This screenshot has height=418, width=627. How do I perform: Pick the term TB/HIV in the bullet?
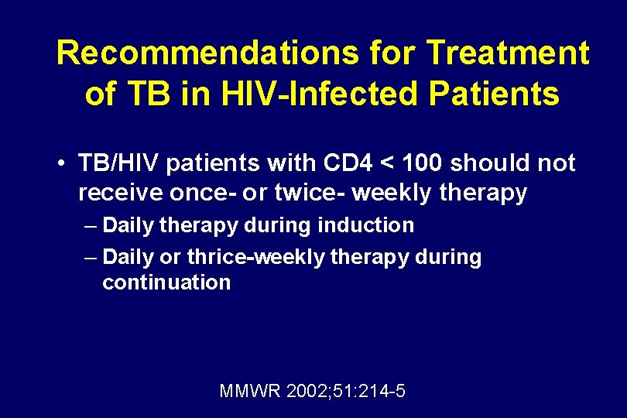pyautogui.click(x=120, y=163)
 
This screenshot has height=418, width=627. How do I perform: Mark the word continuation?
pyautogui.click(x=166, y=283)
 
